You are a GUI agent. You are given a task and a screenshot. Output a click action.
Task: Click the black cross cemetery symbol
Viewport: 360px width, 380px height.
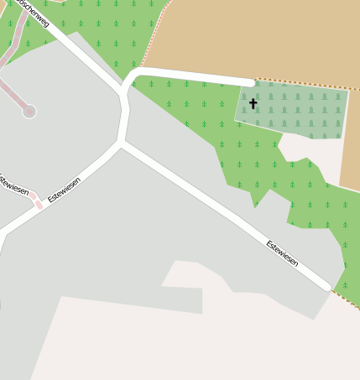point(253,104)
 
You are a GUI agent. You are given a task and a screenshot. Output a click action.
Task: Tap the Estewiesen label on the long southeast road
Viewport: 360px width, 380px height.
point(282,253)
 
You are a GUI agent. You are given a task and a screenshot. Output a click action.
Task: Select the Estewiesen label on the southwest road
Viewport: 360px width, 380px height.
point(65,190)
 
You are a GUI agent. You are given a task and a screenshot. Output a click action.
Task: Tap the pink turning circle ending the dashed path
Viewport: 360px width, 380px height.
point(29,111)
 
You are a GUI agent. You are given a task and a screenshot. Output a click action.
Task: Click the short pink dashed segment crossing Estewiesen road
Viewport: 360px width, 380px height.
point(38,203)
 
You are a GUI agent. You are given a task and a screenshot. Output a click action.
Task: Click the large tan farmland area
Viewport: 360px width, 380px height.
point(260,38)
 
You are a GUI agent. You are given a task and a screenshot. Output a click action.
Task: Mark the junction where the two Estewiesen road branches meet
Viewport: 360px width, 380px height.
point(122,143)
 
